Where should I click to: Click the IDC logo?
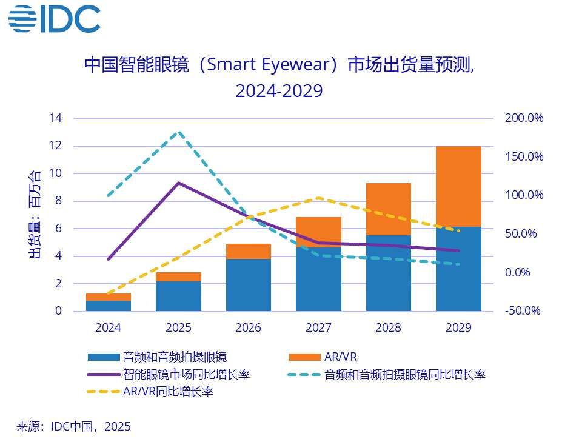[54, 19]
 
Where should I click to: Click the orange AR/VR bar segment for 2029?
[458, 186]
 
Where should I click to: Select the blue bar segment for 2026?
[249, 285]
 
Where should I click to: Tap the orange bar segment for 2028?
[388, 209]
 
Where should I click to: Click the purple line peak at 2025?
[178, 183]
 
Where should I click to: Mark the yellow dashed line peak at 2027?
[318, 198]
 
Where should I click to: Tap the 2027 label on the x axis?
[318, 328]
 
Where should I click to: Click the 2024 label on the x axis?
[109, 328]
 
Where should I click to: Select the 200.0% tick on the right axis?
[524, 118]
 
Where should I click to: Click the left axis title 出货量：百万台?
[35, 214]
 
